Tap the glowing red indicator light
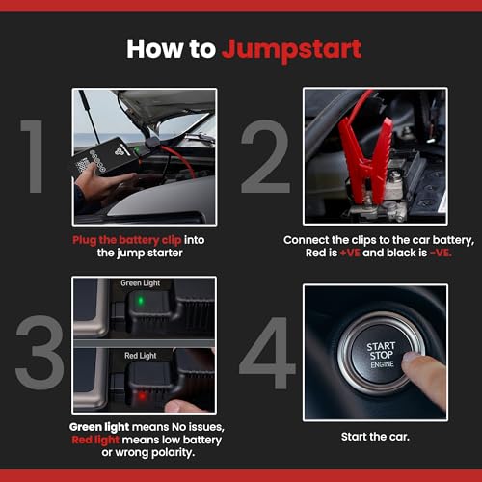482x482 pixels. tap(141, 394)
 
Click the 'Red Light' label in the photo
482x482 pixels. tap(141, 356)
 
